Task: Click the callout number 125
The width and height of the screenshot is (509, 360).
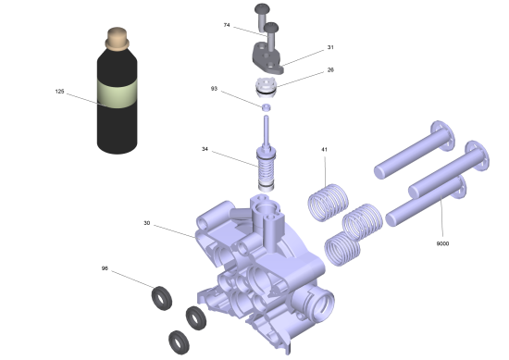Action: tap(60, 92)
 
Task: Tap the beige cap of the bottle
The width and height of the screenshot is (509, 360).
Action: tap(117, 39)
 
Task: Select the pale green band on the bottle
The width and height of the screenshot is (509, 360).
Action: tap(117, 93)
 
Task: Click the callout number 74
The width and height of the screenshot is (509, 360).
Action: tap(227, 25)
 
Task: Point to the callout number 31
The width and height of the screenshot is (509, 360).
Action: tap(330, 47)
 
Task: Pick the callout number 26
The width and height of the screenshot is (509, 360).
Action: tap(330, 69)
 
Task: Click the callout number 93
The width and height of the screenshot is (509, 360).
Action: tap(214, 89)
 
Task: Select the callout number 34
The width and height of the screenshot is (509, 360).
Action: tap(205, 149)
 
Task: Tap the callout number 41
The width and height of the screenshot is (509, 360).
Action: tap(324, 150)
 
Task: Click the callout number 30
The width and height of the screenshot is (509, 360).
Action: tap(147, 223)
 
